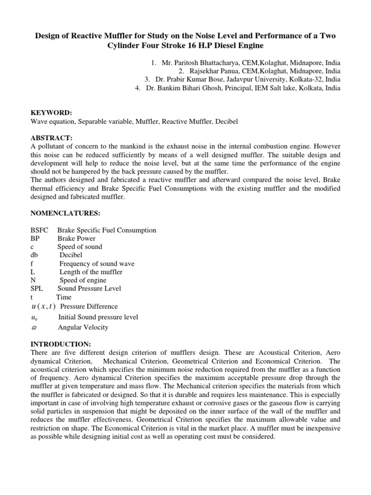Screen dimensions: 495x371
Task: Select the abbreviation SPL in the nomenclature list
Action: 37,289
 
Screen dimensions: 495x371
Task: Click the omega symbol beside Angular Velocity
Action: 33,327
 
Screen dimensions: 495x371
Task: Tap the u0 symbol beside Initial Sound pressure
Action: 33,318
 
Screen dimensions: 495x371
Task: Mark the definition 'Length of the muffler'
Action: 91,272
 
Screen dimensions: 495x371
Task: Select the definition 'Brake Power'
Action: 76,238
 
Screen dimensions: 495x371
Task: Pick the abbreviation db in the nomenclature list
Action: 35,255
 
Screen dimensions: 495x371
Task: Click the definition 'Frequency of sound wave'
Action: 97,263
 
